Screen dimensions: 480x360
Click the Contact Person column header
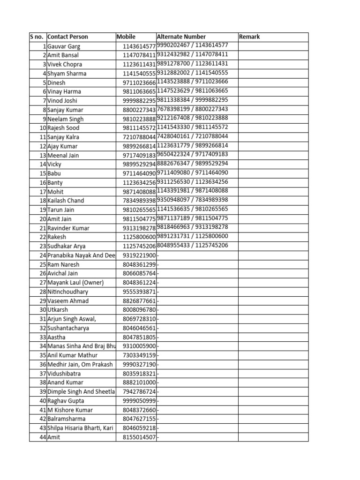click(x=68, y=37)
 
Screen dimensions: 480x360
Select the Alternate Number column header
click(x=181, y=37)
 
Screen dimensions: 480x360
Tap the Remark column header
click(x=249, y=37)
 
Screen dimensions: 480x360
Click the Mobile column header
click(x=126, y=37)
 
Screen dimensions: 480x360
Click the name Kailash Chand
click(x=66, y=201)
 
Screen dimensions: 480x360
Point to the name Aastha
click(x=57, y=337)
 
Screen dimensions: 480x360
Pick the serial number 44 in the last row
click(x=43, y=437)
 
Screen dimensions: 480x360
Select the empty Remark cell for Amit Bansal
click(x=273, y=55)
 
